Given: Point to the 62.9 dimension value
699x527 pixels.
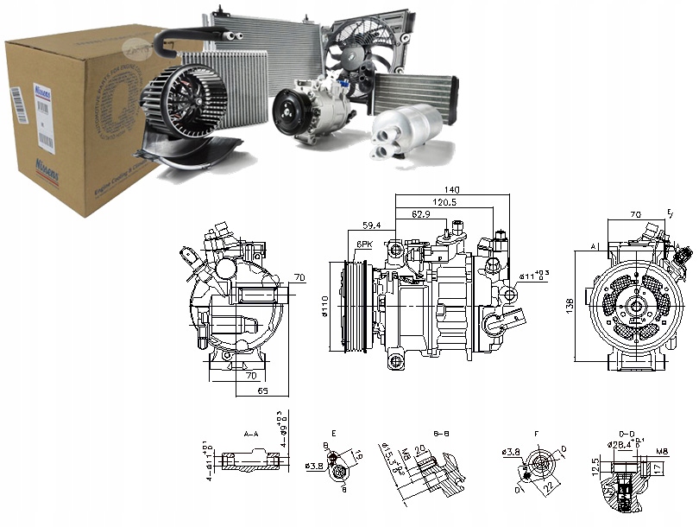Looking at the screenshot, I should click(x=421, y=213).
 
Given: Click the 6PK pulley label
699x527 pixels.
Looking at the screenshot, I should click(x=364, y=244).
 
